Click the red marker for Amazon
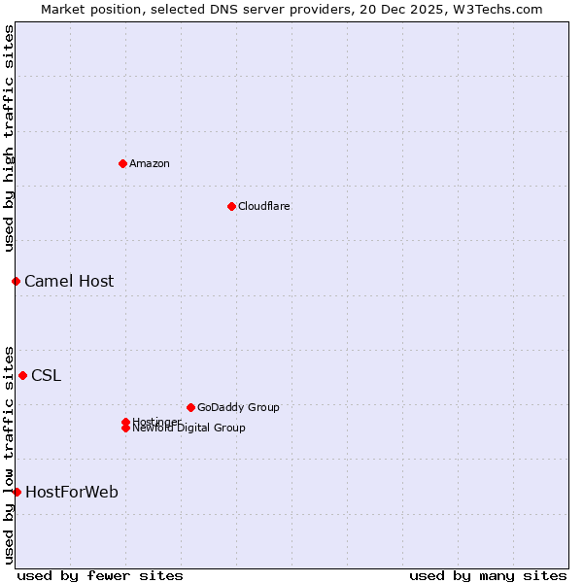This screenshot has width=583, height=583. click(x=122, y=163)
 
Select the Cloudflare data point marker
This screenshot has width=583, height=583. click(x=231, y=206)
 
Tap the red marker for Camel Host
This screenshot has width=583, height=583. click(x=16, y=281)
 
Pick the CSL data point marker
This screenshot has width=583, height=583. click(x=22, y=375)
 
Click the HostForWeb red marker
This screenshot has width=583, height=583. click(x=17, y=492)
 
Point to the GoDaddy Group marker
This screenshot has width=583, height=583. click(x=190, y=407)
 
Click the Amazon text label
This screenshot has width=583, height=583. click(x=150, y=163)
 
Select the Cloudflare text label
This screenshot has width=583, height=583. click(x=264, y=206)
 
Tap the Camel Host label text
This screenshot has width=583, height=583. click(x=69, y=282)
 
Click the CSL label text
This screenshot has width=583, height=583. click(x=46, y=376)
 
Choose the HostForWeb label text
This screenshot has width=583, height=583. click(x=72, y=493)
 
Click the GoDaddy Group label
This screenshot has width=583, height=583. click(x=238, y=407)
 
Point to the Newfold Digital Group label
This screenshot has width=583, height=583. click(x=189, y=429)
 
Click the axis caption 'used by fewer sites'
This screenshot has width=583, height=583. click(x=100, y=575)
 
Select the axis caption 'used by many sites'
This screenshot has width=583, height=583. click(x=488, y=575)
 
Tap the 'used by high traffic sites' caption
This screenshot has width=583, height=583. click(x=9, y=138)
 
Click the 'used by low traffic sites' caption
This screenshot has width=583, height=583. click(x=9, y=454)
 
